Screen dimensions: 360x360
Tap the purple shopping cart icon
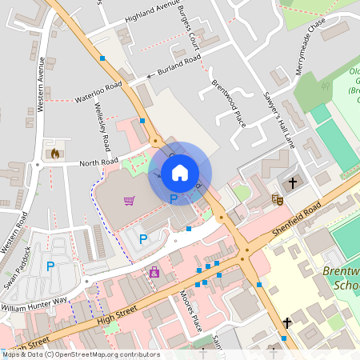tap(129, 200)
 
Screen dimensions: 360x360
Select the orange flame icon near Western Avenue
tap(55, 153)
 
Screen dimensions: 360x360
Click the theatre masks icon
tap(278, 198)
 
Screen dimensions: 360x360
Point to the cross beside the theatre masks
tap(292, 183)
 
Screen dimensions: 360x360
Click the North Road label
tap(99, 163)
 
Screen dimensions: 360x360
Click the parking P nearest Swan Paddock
tap(50, 266)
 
